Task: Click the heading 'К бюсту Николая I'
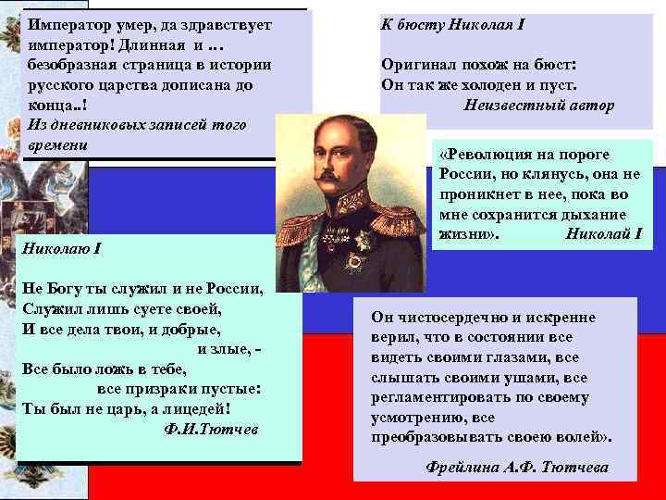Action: (x=452, y=24)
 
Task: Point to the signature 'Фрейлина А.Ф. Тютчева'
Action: (x=520, y=467)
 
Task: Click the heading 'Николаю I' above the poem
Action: (x=61, y=250)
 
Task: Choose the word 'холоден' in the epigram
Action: (x=497, y=85)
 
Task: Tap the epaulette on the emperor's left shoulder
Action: (x=395, y=206)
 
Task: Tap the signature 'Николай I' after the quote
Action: (x=602, y=232)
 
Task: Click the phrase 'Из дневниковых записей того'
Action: (x=129, y=125)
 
